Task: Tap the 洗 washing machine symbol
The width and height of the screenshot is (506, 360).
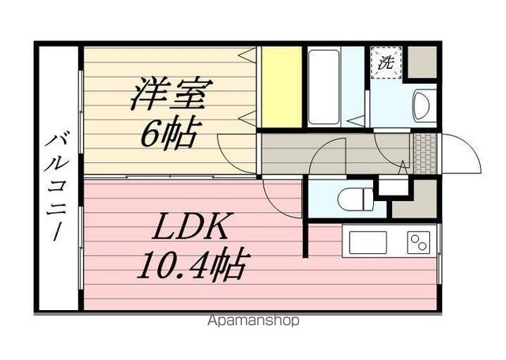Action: pos(387,63)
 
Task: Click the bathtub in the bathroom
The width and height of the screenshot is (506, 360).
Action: pos(323,87)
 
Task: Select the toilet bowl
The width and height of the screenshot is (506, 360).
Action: pos(355,199)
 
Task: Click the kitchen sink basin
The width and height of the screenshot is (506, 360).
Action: pos(368,243)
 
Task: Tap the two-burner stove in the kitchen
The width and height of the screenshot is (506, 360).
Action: pos(418,243)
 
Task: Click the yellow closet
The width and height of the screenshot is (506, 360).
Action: pos(281,87)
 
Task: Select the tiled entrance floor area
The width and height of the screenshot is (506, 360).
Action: pos(425,153)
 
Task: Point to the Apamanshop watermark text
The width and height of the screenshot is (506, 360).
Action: pos(253,320)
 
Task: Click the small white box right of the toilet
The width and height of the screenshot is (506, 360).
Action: pos(394,187)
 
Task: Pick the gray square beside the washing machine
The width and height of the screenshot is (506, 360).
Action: pos(422,62)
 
